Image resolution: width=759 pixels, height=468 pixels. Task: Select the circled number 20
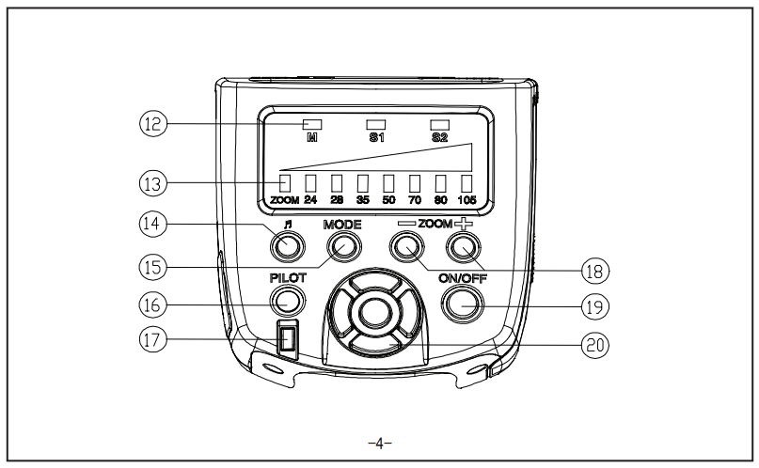[x=594, y=344]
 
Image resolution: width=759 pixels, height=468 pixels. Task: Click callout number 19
[x=594, y=304]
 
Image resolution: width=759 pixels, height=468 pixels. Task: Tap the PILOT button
[x=288, y=301]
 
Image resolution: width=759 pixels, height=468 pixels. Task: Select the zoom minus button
[x=406, y=247]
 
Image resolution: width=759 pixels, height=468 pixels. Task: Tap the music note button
[x=287, y=247]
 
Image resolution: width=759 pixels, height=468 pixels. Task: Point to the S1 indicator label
[x=376, y=137]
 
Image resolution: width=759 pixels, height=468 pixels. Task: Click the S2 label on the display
[x=439, y=137]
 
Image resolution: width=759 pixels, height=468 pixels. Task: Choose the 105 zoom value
[x=466, y=200]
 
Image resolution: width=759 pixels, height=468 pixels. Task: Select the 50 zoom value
[x=388, y=200]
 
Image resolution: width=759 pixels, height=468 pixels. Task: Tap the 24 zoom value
[x=310, y=200]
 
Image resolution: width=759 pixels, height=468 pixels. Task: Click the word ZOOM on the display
[x=283, y=200]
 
